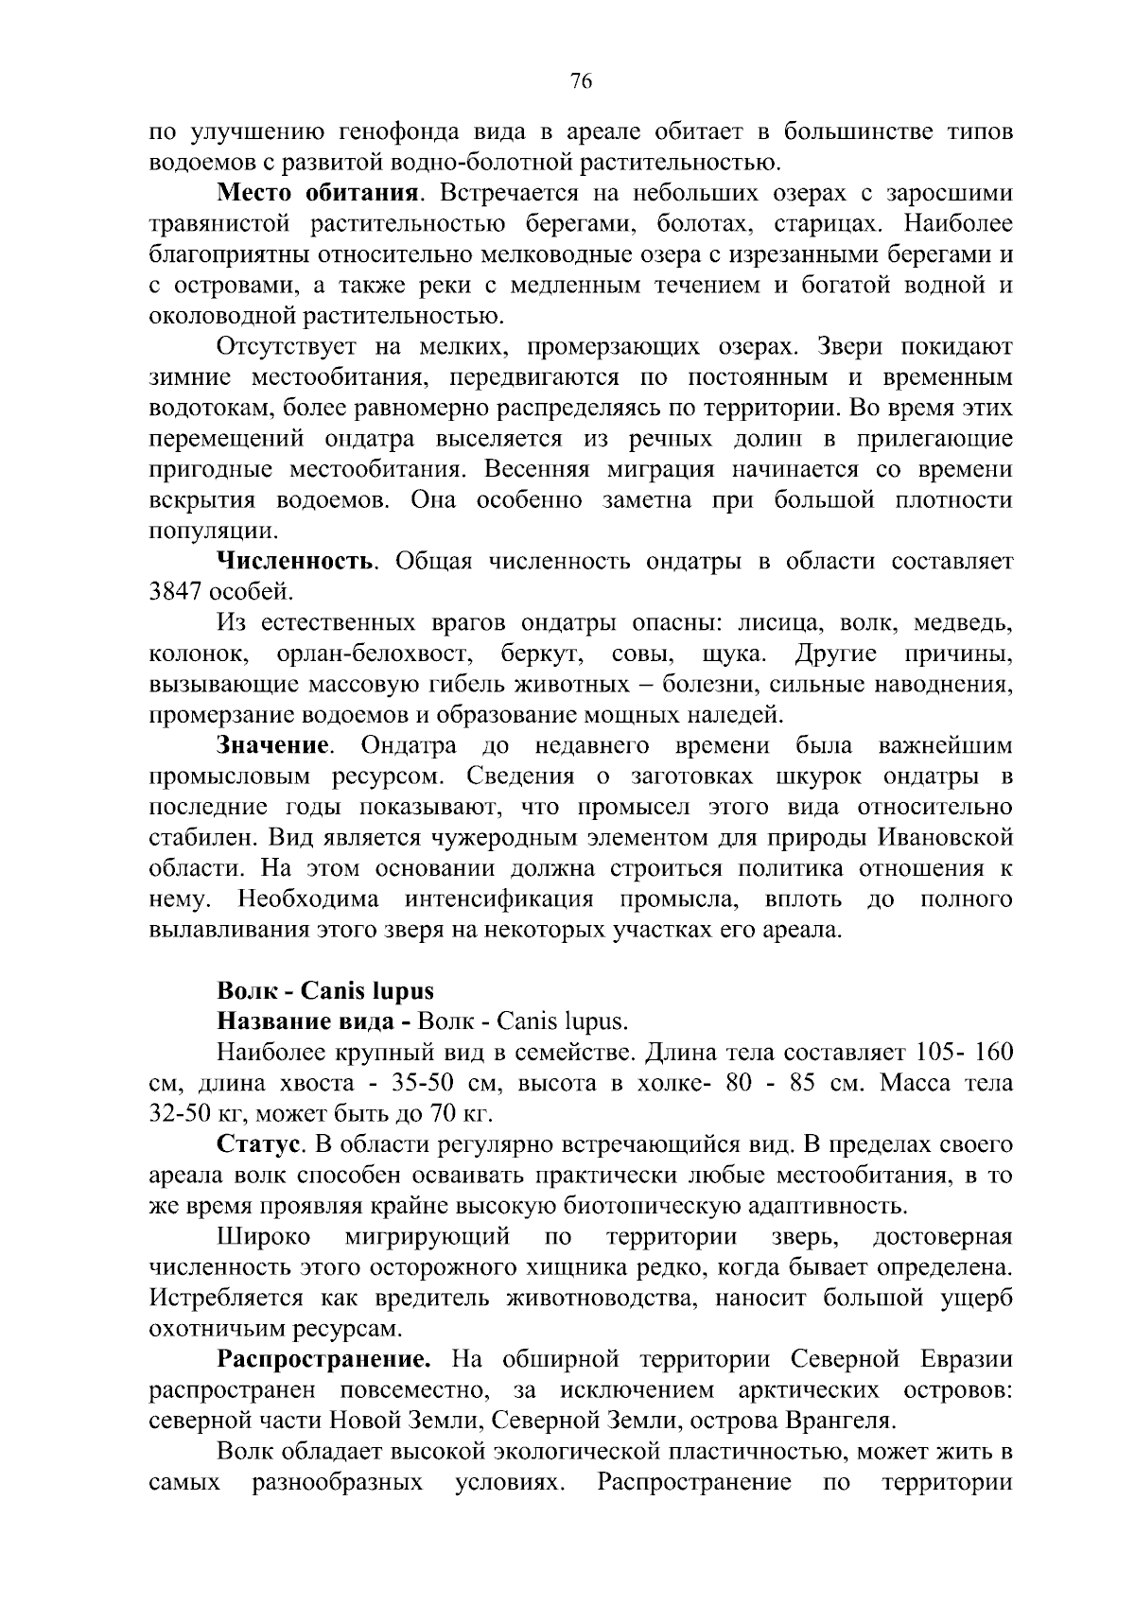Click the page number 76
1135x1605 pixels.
pyautogui.click(x=581, y=82)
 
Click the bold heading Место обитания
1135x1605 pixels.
pyautogui.click(x=318, y=195)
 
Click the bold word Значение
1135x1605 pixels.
pyautogui.click(x=274, y=746)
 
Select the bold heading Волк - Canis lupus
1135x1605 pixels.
pyautogui.click(x=325, y=991)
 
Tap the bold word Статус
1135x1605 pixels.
pyautogui.click(x=260, y=1145)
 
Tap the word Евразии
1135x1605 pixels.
pyautogui.click(x=965, y=1360)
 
